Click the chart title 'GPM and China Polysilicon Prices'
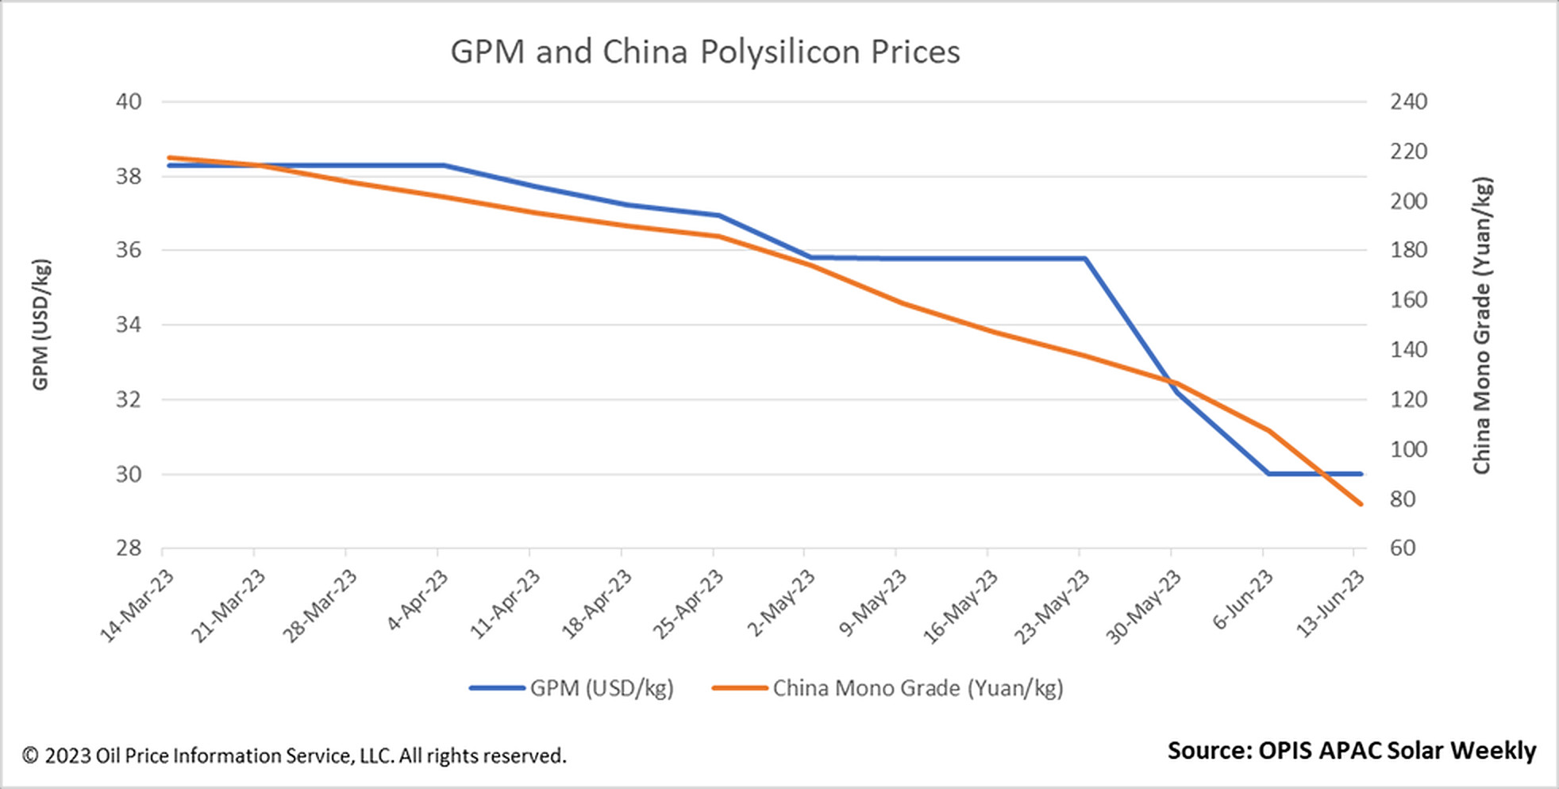click(705, 52)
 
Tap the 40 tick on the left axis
click(129, 102)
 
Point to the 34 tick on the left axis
click(129, 325)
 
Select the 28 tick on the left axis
click(129, 548)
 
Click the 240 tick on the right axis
click(1408, 102)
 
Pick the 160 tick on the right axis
click(1408, 300)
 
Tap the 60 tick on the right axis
click(1403, 548)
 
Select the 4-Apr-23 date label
click(418, 600)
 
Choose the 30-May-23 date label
click(1144, 606)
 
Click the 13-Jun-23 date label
click(1331, 603)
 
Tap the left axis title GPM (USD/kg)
click(40, 325)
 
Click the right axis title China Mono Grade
click(1482, 325)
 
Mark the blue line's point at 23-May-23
click(1084, 259)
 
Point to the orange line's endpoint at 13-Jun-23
click(1361, 504)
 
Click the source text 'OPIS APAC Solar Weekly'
click(1351, 750)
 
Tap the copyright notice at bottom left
click(294, 756)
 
